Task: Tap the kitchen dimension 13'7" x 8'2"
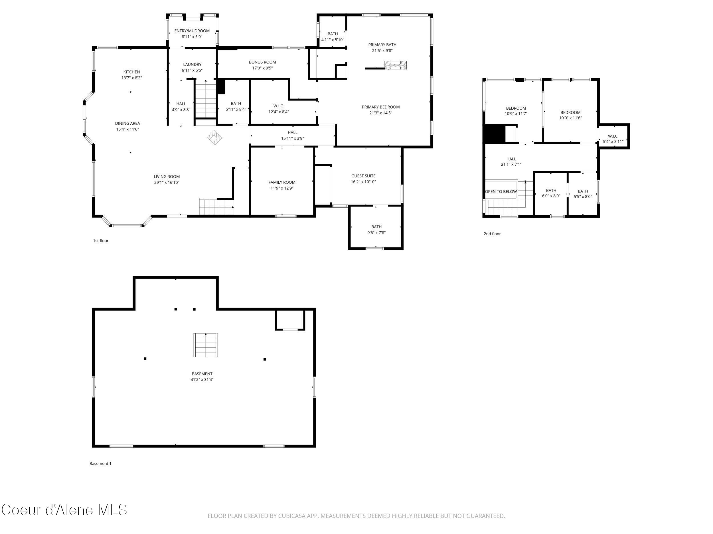[131, 78]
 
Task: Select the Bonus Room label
[262, 62]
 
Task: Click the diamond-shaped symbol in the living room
[214, 138]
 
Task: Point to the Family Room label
[282, 182]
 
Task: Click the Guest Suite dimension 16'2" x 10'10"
[363, 182]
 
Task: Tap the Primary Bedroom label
[380, 107]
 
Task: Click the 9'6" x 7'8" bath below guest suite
[376, 230]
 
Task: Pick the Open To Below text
[501, 191]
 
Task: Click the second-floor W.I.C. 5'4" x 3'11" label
[613, 139]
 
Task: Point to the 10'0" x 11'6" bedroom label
[570, 115]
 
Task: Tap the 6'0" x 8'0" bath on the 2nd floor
[551, 193]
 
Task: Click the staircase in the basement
[206, 345]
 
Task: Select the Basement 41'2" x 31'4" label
[202, 377]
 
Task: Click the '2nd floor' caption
[492, 234]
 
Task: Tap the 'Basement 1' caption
[100, 463]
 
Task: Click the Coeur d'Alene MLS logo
[64, 510]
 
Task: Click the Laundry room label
[192, 64]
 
